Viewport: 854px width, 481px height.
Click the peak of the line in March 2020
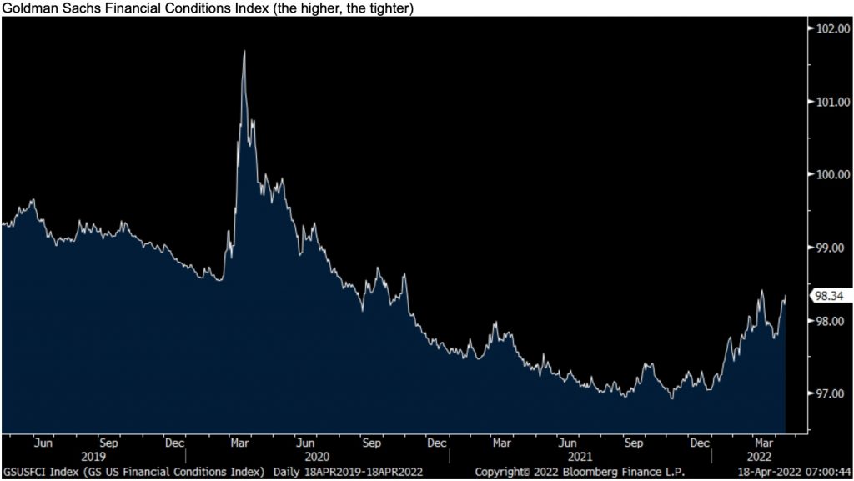244,52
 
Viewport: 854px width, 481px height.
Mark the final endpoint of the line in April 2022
786,296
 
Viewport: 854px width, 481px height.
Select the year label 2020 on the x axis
318,457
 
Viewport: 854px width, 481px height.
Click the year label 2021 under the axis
580,457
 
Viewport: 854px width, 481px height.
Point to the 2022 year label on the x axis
759,457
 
